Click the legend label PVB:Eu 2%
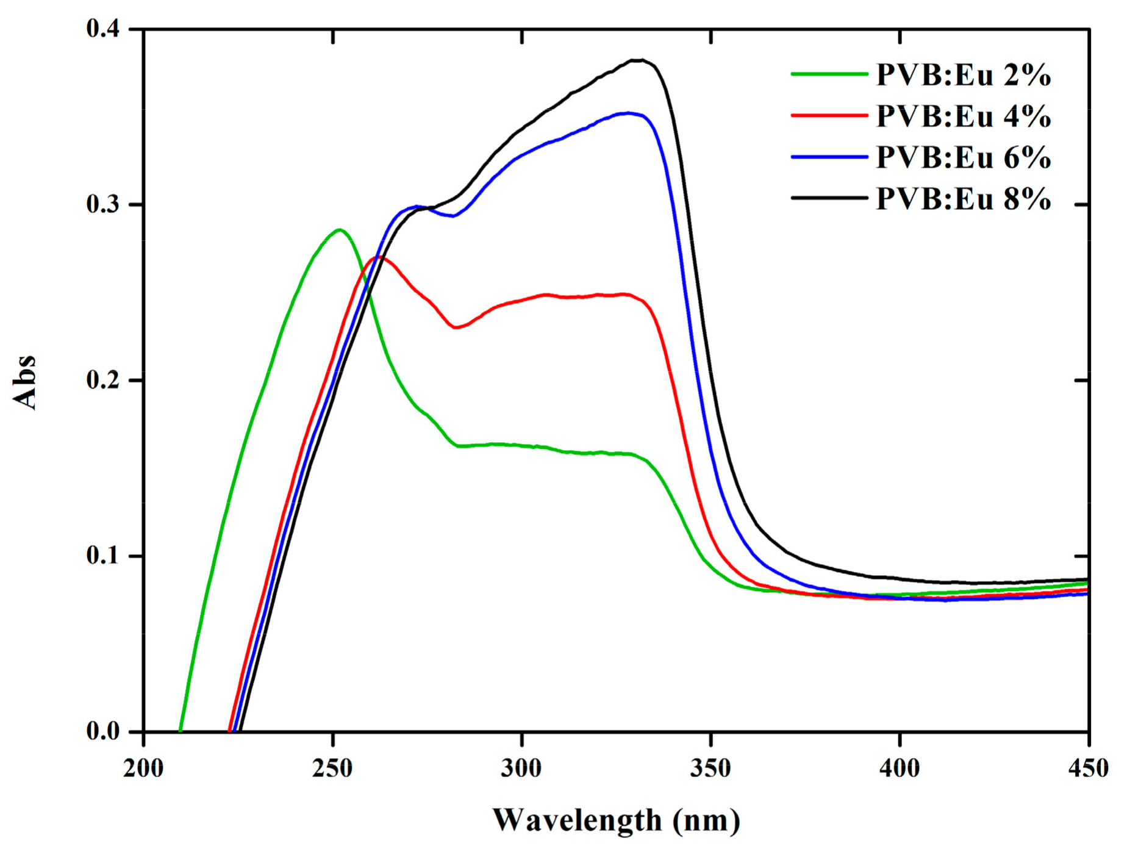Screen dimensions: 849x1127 click(x=963, y=75)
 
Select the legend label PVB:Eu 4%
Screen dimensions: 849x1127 click(x=963, y=116)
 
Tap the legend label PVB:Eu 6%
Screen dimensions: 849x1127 click(x=963, y=157)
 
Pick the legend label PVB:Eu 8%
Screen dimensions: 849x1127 click(x=963, y=199)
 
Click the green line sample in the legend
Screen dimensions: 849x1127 click(x=829, y=74)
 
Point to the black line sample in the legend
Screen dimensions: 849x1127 click(x=829, y=198)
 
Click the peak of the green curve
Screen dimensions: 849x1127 click(x=340, y=230)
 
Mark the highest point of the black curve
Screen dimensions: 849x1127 click(x=637, y=60)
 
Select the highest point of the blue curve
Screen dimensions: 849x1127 click(x=628, y=113)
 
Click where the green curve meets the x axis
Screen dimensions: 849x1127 click(x=181, y=731)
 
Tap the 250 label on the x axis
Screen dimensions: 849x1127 click(x=333, y=768)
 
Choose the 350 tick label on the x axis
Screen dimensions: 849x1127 click(x=711, y=768)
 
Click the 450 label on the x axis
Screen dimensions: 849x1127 click(x=1088, y=768)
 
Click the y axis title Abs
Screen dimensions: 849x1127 click(x=25, y=382)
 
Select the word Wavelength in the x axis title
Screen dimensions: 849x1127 click(x=577, y=820)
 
